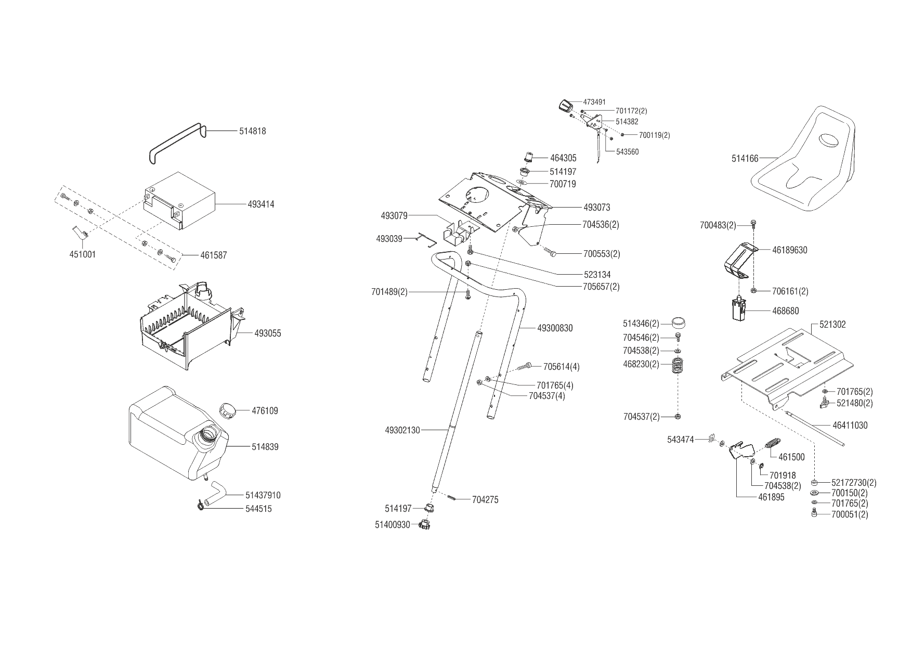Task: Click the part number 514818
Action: [x=252, y=131]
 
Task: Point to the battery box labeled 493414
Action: [x=179, y=200]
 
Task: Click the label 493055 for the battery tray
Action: [x=267, y=333]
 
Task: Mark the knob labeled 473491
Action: [x=565, y=106]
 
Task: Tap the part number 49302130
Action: [x=402, y=430]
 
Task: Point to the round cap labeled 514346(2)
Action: [x=678, y=323]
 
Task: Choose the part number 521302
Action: [x=832, y=325]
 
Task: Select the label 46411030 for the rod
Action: [x=850, y=425]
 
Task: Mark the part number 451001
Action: [x=82, y=255]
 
